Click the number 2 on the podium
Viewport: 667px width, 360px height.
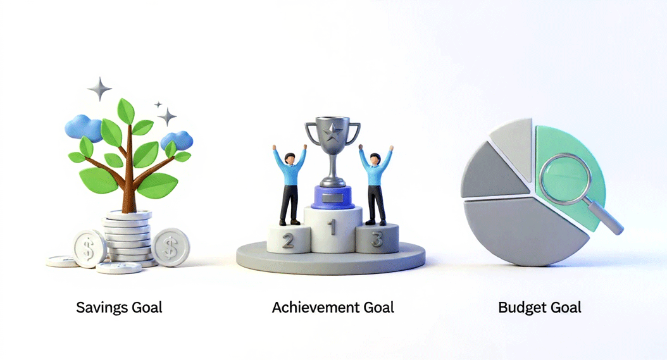coord(287,241)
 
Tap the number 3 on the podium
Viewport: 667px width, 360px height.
coord(377,240)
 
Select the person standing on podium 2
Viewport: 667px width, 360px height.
coord(290,183)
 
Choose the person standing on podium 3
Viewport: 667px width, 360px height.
coord(376,183)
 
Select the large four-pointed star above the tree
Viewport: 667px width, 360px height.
coord(99,89)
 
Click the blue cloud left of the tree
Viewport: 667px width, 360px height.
coord(84,129)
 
